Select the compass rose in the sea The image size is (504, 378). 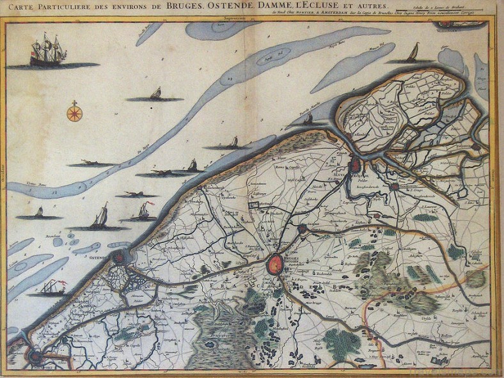tap(75, 114)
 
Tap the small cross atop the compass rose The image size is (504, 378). tap(75, 102)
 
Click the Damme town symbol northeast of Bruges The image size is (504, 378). tap(302, 228)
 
